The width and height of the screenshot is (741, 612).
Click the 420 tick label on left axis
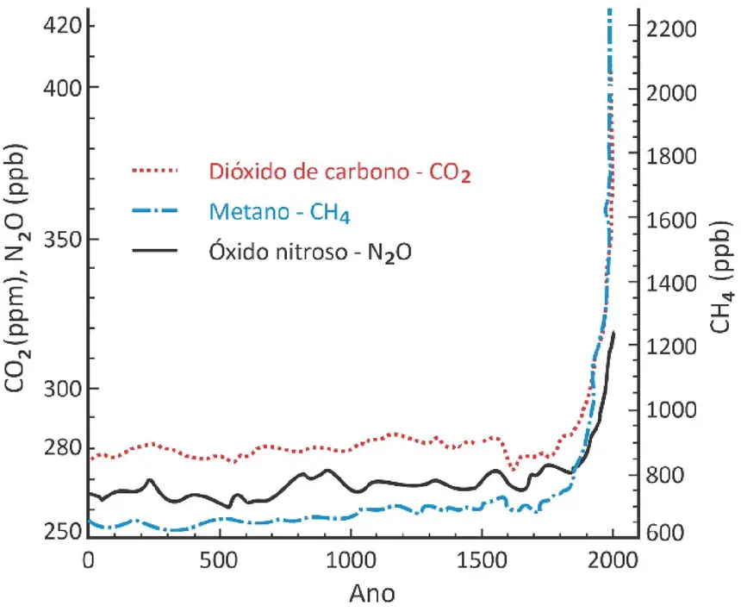pyautogui.click(x=62, y=25)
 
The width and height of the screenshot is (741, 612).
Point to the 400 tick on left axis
pyautogui.click(x=62, y=88)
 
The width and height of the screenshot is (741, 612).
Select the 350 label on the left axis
pyautogui.click(x=62, y=240)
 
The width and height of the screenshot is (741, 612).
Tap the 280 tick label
pyautogui.click(x=62, y=447)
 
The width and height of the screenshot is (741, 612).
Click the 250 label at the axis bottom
pyautogui.click(x=62, y=532)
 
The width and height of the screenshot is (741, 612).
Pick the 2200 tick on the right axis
pyautogui.click(x=671, y=29)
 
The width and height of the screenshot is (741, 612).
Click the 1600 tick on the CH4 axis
pyautogui.click(x=671, y=220)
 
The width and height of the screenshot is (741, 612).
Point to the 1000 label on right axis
pyautogui.click(x=671, y=409)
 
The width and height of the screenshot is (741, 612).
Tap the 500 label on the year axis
pyautogui.click(x=218, y=560)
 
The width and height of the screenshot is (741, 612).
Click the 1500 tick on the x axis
pyautogui.click(x=482, y=560)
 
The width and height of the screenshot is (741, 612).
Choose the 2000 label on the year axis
pyautogui.click(x=613, y=560)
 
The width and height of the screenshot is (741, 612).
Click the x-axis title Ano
pyautogui.click(x=372, y=594)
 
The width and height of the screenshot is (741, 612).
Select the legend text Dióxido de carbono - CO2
pyautogui.click(x=340, y=172)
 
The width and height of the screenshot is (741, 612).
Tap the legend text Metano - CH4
pyautogui.click(x=280, y=212)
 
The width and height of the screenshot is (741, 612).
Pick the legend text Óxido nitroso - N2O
pyautogui.click(x=310, y=252)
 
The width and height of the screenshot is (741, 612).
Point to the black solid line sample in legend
pyautogui.click(x=155, y=251)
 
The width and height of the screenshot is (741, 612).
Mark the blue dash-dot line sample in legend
pyautogui.click(x=155, y=210)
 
